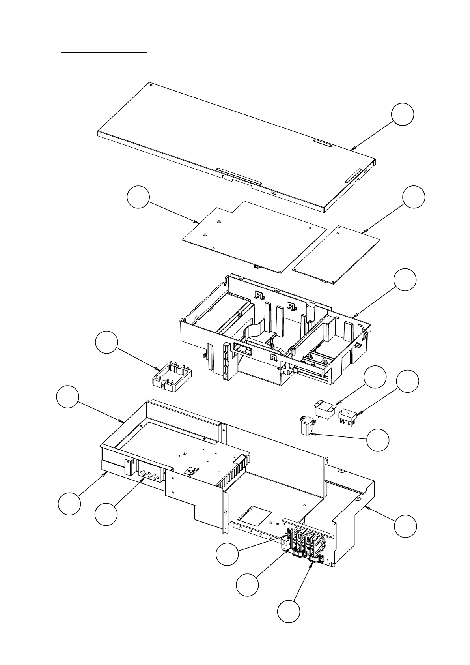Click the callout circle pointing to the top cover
pyautogui.click(x=403, y=115)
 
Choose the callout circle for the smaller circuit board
pyautogui.click(x=414, y=197)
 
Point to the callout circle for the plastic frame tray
pyautogui.click(x=405, y=280)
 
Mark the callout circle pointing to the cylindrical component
pyautogui.click(x=378, y=440)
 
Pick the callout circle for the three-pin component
pyautogui.click(x=407, y=381)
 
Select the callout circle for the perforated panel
pyautogui.click(x=106, y=514)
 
